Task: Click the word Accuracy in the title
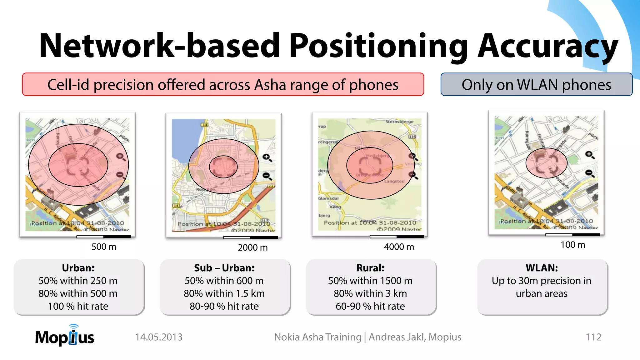[x=547, y=46]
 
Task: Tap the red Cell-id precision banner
[x=223, y=85]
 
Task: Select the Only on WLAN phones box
[x=536, y=85]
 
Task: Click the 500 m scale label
[x=104, y=247]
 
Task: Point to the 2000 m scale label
[x=252, y=247]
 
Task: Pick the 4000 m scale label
[x=399, y=247]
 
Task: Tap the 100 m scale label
[x=572, y=245]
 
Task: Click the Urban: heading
[x=78, y=268]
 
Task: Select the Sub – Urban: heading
[x=224, y=268]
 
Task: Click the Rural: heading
[x=370, y=268]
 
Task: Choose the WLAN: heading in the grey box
[x=542, y=268]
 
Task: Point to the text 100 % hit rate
[x=78, y=306]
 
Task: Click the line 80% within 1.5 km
[x=224, y=293]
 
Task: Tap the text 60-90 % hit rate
[x=370, y=306]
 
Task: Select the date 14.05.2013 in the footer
[x=159, y=337]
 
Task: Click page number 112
[x=593, y=337]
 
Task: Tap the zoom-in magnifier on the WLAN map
[x=589, y=155]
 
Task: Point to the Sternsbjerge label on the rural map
[x=399, y=122]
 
